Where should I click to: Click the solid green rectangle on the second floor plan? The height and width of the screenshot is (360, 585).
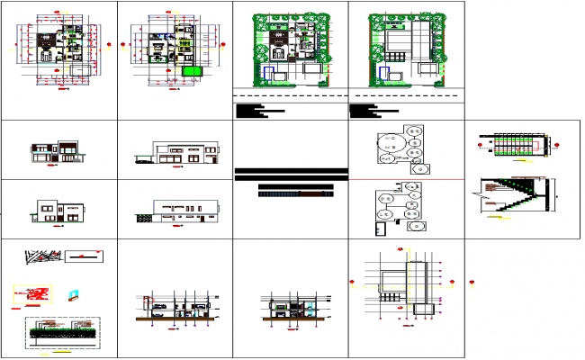(x=189, y=71)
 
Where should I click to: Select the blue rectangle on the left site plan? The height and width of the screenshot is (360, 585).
(x=269, y=74)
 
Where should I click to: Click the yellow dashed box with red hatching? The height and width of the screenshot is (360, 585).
(x=33, y=294)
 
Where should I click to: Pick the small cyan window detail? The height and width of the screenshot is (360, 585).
(x=75, y=293)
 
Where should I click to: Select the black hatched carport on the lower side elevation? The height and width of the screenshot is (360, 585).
(x=140, y=216)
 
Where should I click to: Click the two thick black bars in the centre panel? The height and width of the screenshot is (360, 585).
(x=290, y=173)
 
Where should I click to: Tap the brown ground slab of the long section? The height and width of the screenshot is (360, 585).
(x=180, y=319)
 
